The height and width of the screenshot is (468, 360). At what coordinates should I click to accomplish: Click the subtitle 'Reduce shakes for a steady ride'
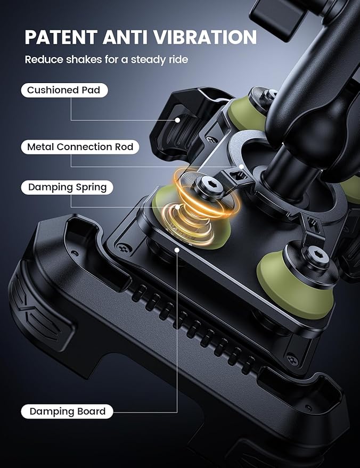(106, 59)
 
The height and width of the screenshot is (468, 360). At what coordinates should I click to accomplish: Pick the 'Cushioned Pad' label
(64, 90)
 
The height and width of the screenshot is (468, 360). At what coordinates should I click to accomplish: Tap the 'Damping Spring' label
(67, 187)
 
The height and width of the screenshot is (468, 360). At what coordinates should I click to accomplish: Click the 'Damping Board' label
(67, 411)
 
